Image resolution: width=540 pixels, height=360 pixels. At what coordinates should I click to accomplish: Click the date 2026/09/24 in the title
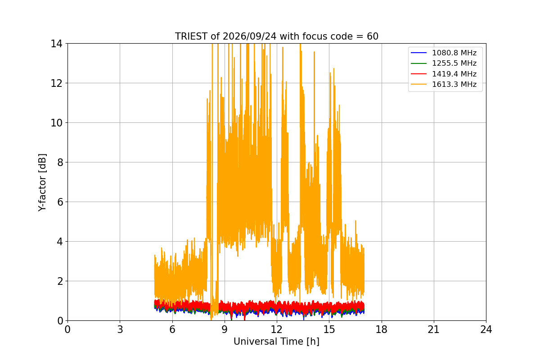coord(249,36)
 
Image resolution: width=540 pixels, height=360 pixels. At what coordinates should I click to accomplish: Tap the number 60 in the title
coord(373,36)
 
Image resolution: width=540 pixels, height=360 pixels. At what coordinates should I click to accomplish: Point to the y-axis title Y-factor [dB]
coord(42,183)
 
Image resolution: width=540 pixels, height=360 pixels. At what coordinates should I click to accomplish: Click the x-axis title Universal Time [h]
coord(276,342)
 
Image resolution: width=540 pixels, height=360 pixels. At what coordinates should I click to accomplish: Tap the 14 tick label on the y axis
coord(56,44)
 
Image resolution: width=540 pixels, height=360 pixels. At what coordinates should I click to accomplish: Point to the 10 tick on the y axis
coord(56,123)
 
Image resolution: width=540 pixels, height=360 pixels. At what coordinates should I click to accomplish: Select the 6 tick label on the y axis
coord(60,202)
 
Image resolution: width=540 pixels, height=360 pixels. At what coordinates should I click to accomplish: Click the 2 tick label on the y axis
coord(60,281)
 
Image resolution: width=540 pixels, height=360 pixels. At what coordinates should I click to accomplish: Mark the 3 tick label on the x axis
coord(120,329)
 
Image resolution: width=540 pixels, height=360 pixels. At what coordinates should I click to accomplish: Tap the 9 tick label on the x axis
coord(225,329)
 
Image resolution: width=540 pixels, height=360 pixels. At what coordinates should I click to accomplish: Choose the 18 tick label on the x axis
coord(382,329)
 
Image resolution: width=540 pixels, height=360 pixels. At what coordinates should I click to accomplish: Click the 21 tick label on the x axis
coord(434,329)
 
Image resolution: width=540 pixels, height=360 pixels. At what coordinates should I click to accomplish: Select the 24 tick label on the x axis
coord(486,329)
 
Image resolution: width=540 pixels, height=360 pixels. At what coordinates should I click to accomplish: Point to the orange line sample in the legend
coord(419,85)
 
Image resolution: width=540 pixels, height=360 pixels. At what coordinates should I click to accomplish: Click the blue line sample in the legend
coord(419,53)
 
